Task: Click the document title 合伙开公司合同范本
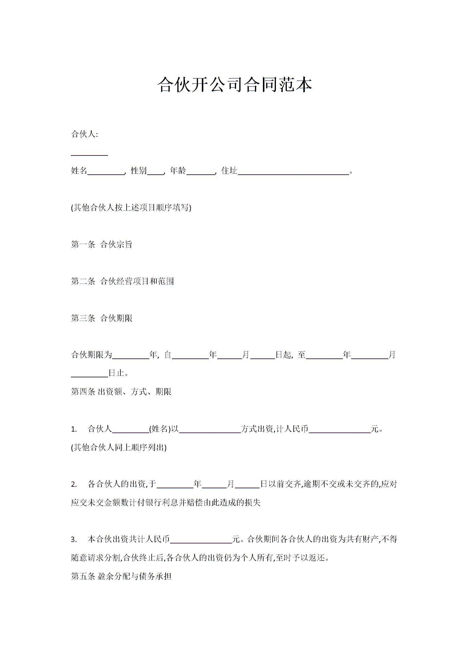point(235,85)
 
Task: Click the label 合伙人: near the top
point(84,134)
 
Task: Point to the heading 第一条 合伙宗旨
point(102,244)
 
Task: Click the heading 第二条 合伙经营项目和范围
point(122,281)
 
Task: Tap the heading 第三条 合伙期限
point(102,318)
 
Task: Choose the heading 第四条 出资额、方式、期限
point(121,391)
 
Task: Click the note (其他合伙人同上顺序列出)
point(119,448)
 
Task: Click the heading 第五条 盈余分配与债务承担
point(121,576)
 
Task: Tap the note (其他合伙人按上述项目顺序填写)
point(131,208)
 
